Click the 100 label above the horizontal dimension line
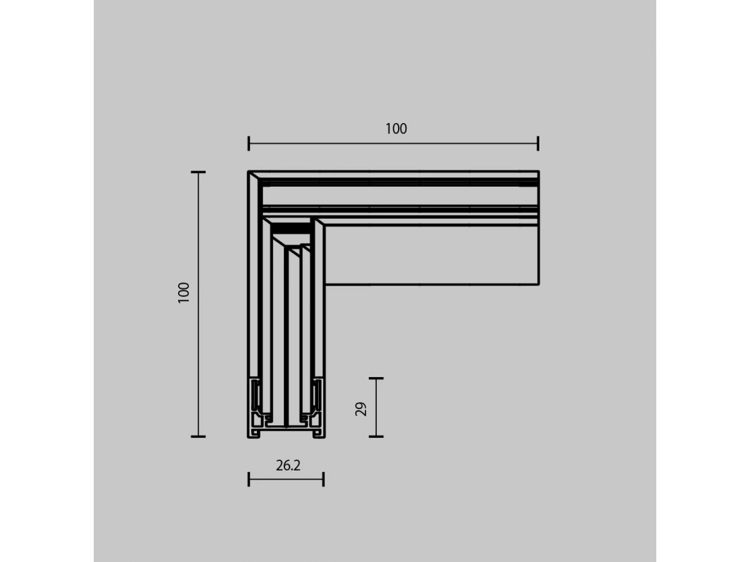point(396,129)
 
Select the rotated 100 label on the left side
point(184,292)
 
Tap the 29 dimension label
point(361,409)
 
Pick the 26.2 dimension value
point(288,465)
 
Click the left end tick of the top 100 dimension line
point(249,144)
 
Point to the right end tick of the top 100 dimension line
point(538,144)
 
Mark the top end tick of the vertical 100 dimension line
point(198,172)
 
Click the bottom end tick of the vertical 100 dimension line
point(198,436)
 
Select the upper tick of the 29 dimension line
point(376,378)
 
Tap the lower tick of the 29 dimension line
point(376,436)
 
